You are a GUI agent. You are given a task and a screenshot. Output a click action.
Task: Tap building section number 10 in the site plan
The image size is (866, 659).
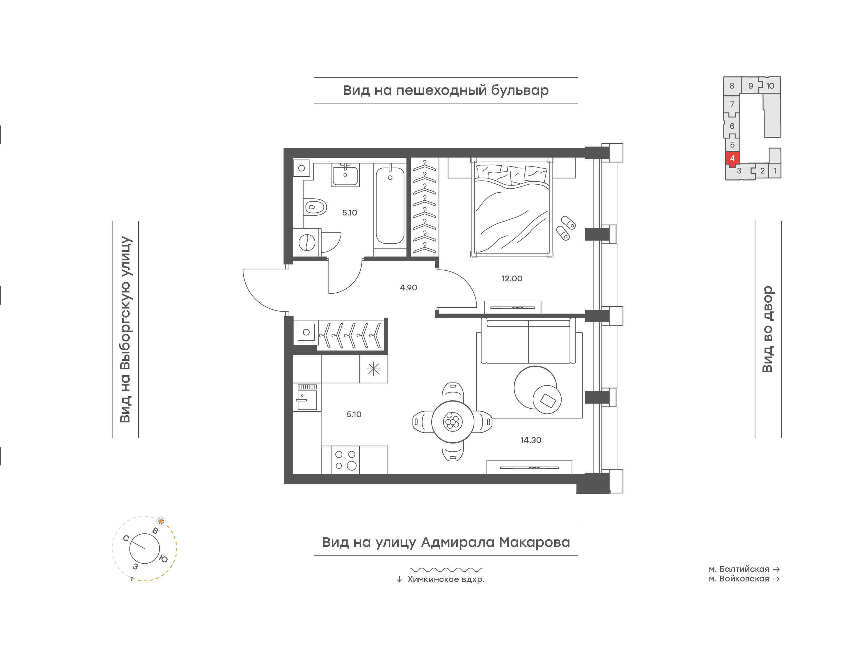[x=770, y=85]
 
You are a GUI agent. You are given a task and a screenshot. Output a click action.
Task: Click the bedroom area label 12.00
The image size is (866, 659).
[x=511, y=278]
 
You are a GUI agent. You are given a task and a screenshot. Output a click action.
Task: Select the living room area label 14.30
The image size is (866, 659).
[x=531, y=440]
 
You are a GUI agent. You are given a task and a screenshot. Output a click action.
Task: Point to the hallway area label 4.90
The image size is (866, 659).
[x=408, y=288]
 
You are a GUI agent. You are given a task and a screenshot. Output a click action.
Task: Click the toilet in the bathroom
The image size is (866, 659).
[x=315, y=207]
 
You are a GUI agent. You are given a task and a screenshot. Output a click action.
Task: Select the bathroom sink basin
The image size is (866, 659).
[x=345, y=175]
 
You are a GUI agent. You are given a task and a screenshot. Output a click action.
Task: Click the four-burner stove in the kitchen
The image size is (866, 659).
[x=345, y=460]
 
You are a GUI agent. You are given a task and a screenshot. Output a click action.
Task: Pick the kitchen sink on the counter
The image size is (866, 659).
[x=307, y=397]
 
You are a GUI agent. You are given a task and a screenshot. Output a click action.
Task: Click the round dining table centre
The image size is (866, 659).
[x=453, y=422]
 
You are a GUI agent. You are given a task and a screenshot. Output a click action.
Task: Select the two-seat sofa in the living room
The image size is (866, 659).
[x=528, y=341]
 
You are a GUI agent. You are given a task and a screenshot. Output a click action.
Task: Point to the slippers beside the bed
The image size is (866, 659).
[x=566, y=228]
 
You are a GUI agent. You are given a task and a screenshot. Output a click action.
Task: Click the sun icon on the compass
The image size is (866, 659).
[x=160, y=521]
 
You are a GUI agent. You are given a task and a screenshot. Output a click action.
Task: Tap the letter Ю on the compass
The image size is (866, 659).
[x=164, y=559]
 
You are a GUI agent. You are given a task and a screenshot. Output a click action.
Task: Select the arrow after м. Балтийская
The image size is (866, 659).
[x=776, y=569]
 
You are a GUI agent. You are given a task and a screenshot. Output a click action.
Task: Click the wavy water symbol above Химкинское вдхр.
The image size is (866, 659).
[x=446, y=569]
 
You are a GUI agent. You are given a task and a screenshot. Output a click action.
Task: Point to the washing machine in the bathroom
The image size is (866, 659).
[x=307, y=242]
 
